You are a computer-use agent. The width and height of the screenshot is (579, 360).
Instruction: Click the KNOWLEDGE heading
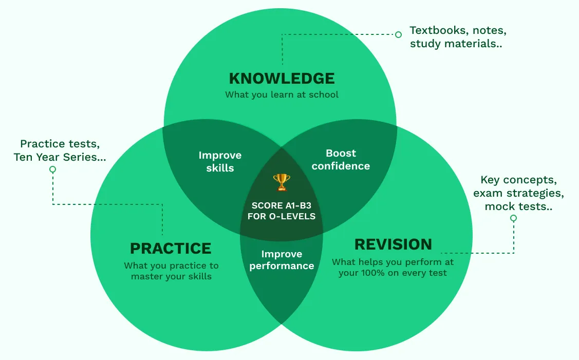point(282,79)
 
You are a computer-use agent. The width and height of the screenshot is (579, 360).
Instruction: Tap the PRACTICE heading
point(171,249)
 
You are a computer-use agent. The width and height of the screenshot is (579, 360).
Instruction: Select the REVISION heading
point(393,244)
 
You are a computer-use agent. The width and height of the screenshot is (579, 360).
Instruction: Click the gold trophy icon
point(282,182)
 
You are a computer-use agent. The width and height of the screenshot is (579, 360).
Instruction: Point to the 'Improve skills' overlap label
point(220,161)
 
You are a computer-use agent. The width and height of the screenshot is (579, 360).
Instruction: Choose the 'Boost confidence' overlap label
point(341,160)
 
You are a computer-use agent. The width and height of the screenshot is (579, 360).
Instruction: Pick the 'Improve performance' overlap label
point(282,260)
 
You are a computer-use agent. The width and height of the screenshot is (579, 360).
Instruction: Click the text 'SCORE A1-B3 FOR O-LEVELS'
point(282,211)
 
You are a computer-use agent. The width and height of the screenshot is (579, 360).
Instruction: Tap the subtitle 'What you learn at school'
point(282,94)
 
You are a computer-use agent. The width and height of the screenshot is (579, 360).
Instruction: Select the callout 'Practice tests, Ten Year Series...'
point(60,150)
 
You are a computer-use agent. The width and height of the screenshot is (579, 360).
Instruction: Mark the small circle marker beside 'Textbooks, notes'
point(398,34)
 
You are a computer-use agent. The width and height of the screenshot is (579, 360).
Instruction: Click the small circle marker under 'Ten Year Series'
point(52,169)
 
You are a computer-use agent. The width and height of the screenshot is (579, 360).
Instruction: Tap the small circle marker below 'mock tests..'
point(513,218)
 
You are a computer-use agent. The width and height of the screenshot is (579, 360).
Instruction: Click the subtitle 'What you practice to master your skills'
point(171,271)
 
